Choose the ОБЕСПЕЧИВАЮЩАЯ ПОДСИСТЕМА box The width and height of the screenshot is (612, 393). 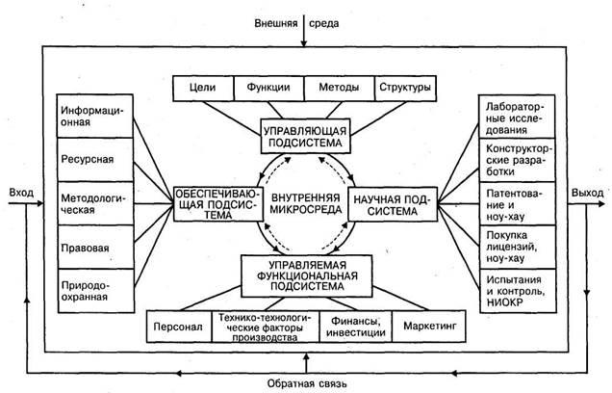point(217,203)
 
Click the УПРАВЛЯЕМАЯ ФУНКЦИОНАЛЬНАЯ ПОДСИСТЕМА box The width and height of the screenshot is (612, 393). point(304,272)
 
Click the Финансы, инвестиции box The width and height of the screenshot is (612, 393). point(356,327)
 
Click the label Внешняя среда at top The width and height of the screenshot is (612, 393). point(305,22)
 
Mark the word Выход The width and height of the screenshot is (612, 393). point(588,193)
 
